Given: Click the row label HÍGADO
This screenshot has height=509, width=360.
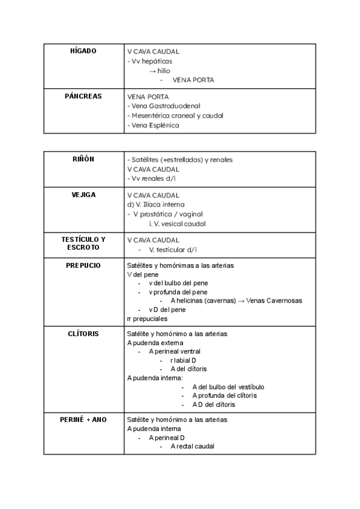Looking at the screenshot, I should click(x=83, y=51).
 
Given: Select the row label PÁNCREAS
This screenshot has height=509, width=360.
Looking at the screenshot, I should click(x=83, y=96).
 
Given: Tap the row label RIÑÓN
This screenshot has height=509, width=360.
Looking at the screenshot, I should click(x=83, y=159).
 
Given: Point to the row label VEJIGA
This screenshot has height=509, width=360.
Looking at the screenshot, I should click(x=83, y=194).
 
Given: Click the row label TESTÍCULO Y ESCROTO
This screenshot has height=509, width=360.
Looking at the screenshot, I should click(x=83, y=243).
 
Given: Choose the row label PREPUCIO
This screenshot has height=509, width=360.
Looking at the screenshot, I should click(x=83, y=265).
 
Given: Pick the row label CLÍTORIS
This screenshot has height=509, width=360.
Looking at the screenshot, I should click(x=83, y=333).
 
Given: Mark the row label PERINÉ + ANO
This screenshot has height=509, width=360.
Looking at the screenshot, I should click(x=83, y=420).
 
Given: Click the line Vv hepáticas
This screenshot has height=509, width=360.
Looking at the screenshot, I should click(x=151, y=61).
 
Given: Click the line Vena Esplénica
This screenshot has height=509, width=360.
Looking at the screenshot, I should click(x=155, y=125).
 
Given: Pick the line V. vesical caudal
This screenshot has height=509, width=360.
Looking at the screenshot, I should click(x=178, y=224).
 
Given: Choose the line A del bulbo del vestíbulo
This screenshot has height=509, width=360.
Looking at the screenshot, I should click(x=228, y=387).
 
